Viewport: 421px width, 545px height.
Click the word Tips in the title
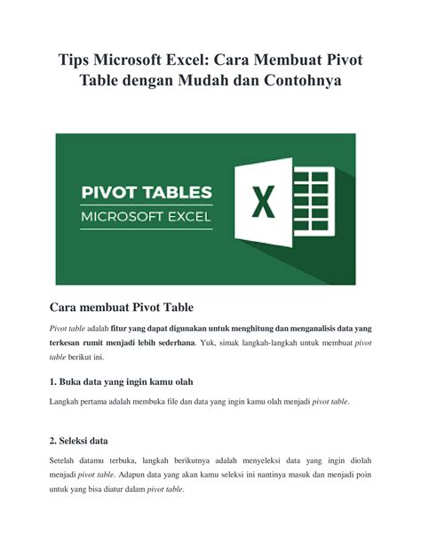coord(78,61)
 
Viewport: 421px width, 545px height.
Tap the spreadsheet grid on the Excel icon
coord(313,204)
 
